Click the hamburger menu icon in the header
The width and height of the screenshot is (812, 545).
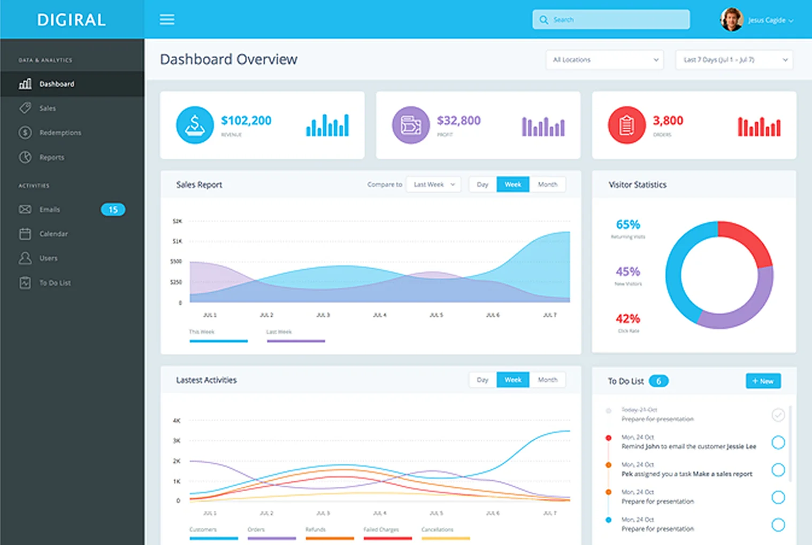(x=167, y=20)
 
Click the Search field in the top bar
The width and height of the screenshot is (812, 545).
(x=611, y=20)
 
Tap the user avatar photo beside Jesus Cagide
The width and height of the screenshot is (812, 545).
(x=731, y=20)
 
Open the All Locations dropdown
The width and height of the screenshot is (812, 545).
(x=604, y=60)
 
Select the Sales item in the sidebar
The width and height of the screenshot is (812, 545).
(x=48, y=108)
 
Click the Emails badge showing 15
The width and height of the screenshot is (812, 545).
(x=113, y=209)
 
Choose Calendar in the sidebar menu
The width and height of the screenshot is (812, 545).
(x=53, y=234)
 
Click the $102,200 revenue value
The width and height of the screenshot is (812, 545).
(x=246, y=121)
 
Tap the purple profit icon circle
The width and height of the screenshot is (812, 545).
(x=411, y=125)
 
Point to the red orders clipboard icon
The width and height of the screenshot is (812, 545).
(x=626, y=125)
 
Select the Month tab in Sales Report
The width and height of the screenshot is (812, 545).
(x=547, y=184)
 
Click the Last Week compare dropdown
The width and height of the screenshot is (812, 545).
(x=433, y=184)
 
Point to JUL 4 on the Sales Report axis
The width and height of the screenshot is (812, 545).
(x=380, y=315)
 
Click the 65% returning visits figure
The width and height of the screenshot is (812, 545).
(x=628, y=225)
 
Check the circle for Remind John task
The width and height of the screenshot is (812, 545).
(x=778, y=442)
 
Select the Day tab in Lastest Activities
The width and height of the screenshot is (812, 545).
(x=482, y=380)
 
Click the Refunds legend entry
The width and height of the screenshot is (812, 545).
(x=316, y=530)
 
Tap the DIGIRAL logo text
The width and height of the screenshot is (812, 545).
(x=71, y=20)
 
